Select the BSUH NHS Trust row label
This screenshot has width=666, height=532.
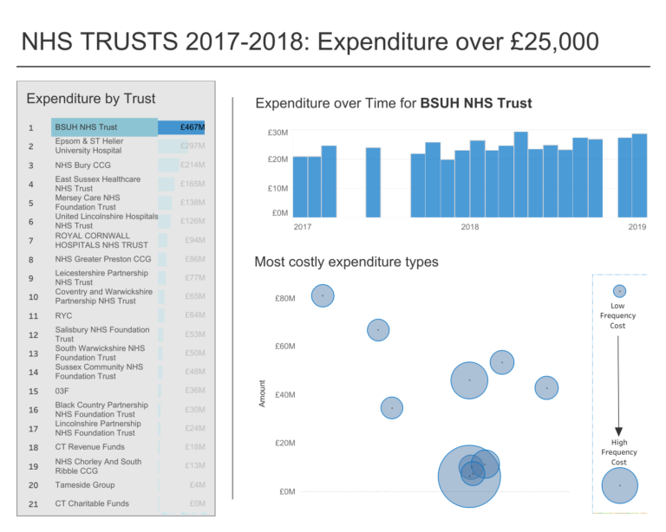coord(86,127)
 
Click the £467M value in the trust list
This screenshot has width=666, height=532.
coord(192,127)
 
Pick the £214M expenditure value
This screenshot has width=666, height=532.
coord(192,165)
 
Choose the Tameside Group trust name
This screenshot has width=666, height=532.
coord(85,485)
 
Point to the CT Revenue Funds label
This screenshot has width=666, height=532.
coord(89,447)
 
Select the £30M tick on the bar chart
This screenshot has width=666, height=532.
coord(277,133)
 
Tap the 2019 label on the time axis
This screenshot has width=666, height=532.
coord(637,227)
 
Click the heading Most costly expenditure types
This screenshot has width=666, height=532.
coord(346,262)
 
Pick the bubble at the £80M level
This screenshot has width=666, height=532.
coord(323,295)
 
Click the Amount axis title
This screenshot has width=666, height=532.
coord(263,393)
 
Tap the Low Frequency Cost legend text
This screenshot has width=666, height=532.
coord(617,315)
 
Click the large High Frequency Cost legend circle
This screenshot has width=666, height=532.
coord(619,485)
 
